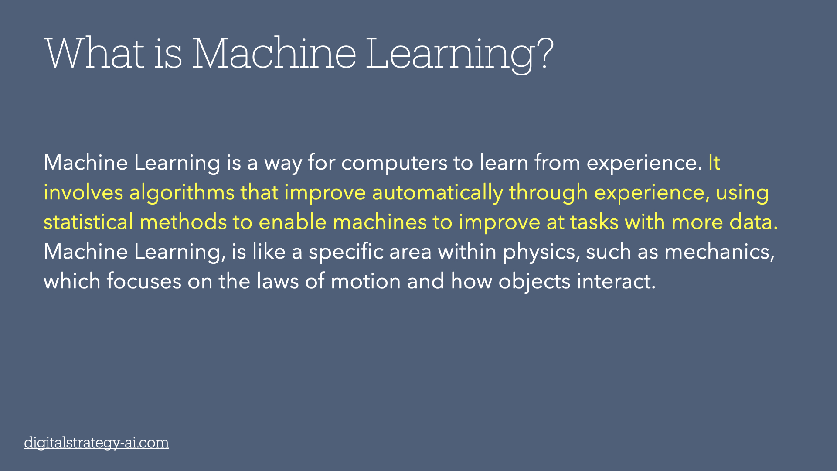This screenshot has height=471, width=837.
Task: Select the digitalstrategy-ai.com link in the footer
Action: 96,442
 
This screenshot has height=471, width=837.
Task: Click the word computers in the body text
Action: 394,163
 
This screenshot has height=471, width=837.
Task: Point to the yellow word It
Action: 714,163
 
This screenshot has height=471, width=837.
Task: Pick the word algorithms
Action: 182,193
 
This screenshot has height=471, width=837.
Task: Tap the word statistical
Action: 88,222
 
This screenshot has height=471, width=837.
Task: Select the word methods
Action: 183,222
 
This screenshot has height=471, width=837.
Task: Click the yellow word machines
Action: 380,222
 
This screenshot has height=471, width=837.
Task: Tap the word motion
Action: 365,281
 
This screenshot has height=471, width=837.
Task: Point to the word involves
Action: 83,193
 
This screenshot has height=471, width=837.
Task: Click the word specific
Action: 346,252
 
